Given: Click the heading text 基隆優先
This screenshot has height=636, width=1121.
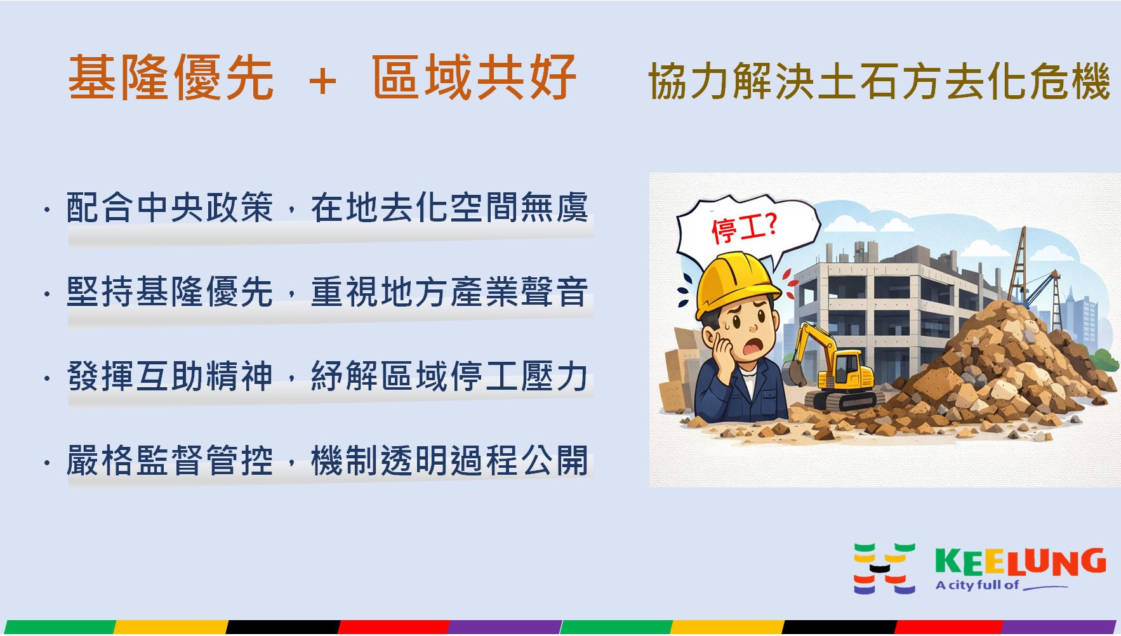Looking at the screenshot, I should [171, 78].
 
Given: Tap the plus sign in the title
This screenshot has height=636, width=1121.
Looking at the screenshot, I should [322, 81].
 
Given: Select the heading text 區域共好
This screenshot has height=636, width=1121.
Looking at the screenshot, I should [474, 78].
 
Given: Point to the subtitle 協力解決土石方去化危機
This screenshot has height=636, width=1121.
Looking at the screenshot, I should [879, 82].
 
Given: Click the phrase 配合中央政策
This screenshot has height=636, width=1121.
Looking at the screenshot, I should [169, 208].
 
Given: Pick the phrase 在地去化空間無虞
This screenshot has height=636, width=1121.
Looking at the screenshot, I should [449, 208].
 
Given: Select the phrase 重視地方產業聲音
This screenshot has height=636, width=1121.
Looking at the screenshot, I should [449, 292].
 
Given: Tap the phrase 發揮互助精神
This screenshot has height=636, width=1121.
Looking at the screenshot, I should [169, 376].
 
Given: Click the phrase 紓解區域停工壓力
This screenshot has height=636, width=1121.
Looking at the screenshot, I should [449, 376].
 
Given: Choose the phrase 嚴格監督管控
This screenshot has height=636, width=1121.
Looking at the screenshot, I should [169, 460].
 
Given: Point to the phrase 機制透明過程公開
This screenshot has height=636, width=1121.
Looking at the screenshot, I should [449, 460].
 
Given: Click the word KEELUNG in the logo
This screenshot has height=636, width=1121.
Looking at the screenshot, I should [1020, 562].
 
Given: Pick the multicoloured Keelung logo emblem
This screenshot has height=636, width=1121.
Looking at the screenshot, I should [884, 568].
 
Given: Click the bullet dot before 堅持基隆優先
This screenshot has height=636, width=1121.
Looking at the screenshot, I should [48, 294].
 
